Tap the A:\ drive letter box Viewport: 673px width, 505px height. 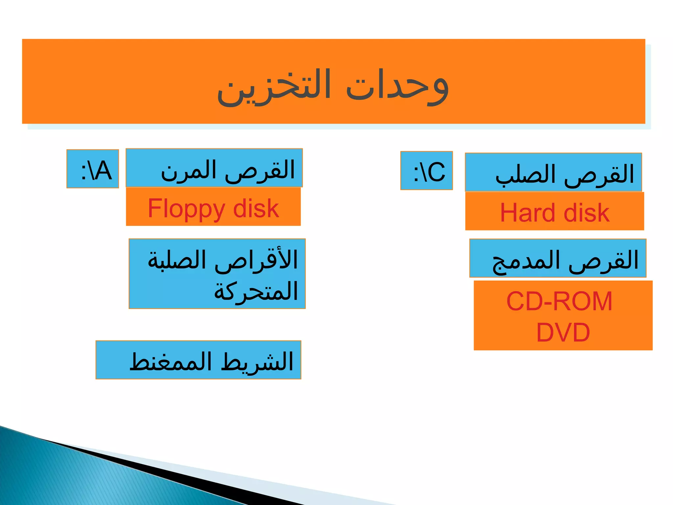pyautogui.click(x=93, y=169)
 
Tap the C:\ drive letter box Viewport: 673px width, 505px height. pyautogui.click(x=427, y=171)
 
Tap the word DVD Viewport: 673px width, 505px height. pyautogui.click(x=563, y=332)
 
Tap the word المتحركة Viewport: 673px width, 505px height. pyautogui.click(x=256, y=291)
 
